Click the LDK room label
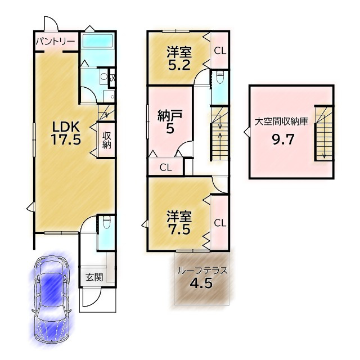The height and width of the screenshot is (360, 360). pos(66,127)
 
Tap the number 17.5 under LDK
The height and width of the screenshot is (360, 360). pos(66,139)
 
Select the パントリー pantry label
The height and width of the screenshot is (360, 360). pos(56,42)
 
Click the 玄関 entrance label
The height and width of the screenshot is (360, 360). pos(94,277)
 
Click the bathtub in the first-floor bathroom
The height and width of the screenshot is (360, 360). pos(98,41)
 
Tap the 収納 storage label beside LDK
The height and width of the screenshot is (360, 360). pos(107,140)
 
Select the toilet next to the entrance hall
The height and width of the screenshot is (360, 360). pos(106,223)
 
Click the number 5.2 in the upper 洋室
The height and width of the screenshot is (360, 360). pos(179,65)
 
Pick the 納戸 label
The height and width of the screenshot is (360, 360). pos(170,116)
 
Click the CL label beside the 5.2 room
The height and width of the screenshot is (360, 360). pos(220,51)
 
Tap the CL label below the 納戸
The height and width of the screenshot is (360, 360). pos(165,168)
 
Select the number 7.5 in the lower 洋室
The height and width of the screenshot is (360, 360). pos(179,229)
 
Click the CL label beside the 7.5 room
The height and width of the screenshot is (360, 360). pos(220,223)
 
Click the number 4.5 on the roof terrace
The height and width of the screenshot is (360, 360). pos(201,283)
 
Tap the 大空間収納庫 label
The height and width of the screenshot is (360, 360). pos(281,121)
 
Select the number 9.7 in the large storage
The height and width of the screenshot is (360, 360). pos(283,139)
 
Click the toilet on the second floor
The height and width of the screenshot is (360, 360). pos(220,75)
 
